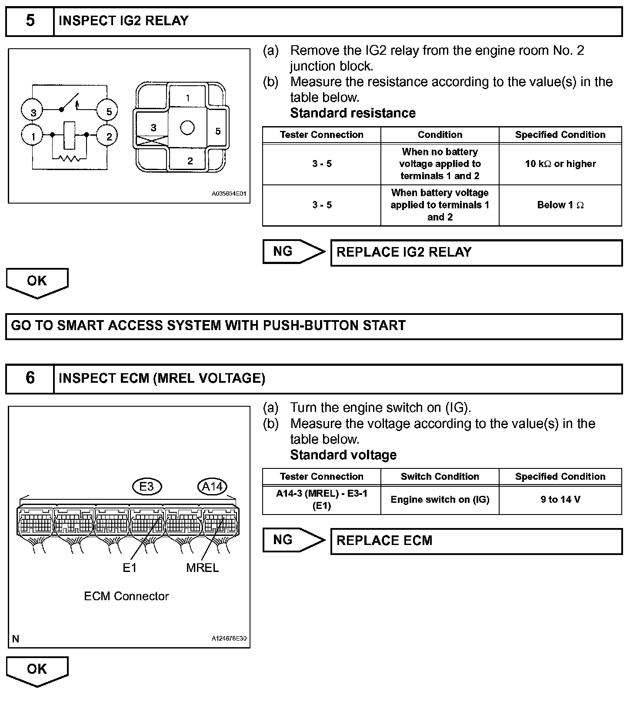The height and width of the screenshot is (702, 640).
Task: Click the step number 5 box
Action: [x=30, y=21]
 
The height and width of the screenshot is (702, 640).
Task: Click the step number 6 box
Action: [x=30, y=378]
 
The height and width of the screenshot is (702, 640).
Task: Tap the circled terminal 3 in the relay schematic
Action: [x=33, y=112]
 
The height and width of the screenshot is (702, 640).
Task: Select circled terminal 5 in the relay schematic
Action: [x=109, y=112]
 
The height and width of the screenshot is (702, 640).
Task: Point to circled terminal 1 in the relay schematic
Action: [x=33, y=137]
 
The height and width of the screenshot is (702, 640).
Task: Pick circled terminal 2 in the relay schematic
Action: [x=109, y=137]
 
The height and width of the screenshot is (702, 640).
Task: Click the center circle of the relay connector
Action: [x=187, y=128]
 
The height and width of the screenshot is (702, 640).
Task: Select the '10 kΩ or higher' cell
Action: [x=560, y=164]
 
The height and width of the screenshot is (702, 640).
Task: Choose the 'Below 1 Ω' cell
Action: [x=560, y=205]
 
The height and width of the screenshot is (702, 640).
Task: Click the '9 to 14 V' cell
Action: [x=560, y=499]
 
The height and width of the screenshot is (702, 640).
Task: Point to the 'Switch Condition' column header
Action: [x=440, y=476]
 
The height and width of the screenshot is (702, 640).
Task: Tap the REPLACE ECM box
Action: [x=476, y=541]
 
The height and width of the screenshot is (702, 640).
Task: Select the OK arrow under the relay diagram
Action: [x=37, y=282]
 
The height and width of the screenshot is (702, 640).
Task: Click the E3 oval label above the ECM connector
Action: [x=147, y=486]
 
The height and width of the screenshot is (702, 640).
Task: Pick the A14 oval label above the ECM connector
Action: [x=212, y=486]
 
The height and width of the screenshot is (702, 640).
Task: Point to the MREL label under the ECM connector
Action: [x=202, y=568]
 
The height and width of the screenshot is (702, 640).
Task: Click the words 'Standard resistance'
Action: [x=353, y=113]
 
